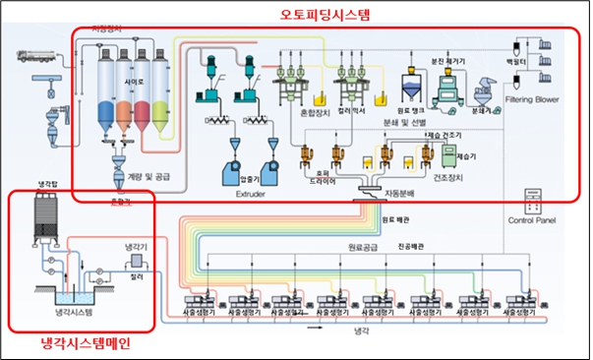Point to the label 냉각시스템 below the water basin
(x=60, y=313)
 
